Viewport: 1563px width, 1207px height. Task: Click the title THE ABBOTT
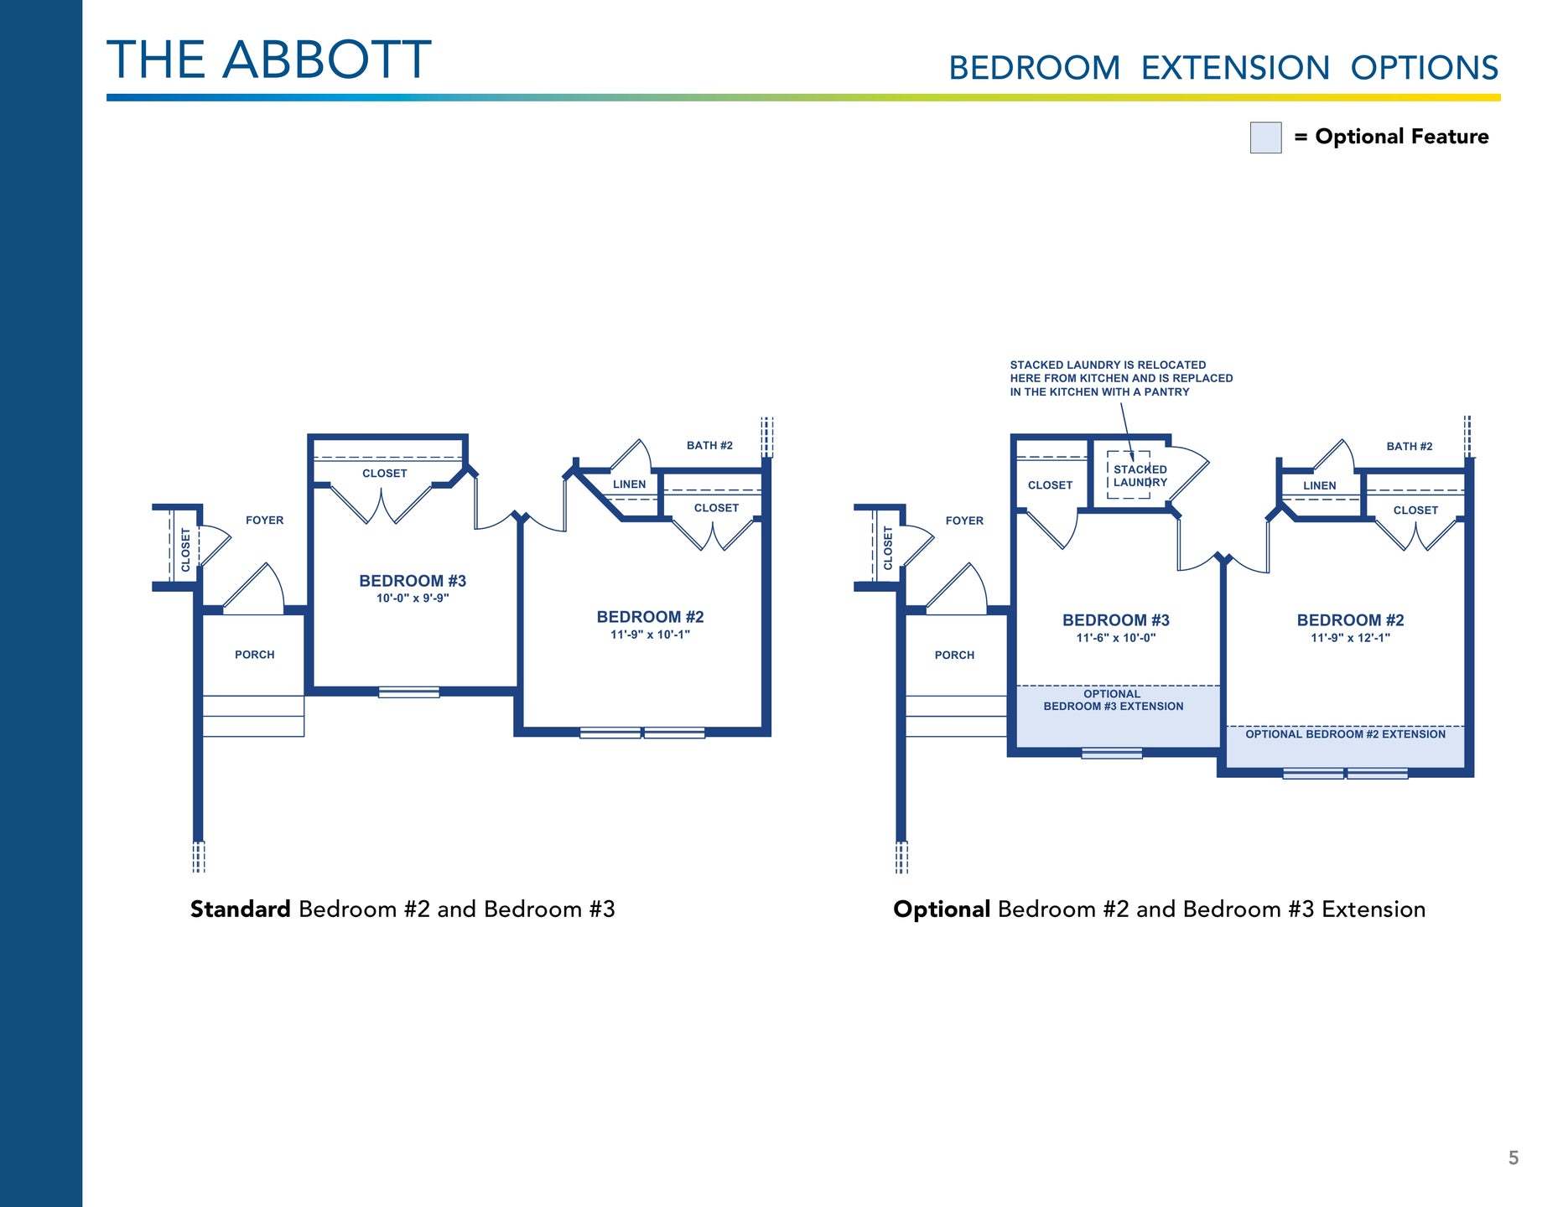tap(269, 60)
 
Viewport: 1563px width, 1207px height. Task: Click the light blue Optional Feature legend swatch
tap(1265, 137)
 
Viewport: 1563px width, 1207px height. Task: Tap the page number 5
tap(1514, 1158)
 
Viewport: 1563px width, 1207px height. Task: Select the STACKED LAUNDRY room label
tap(1140, 476)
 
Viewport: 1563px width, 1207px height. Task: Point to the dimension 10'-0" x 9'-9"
tap(413, 598)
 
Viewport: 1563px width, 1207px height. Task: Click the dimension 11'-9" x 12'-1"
tap(1350, 638)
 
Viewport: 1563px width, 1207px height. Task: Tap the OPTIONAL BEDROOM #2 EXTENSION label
tap(1345, 734)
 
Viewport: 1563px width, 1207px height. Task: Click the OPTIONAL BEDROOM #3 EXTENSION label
tap(1114, 700)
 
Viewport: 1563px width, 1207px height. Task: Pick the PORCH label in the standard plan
tap(255, 655)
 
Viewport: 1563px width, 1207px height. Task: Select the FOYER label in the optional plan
tap(964, 521)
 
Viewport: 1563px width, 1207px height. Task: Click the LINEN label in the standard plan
tap(629, 484)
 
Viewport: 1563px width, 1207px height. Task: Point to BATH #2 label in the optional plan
tap(1410, 447)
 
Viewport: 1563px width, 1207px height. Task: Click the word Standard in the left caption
tap(241, 909)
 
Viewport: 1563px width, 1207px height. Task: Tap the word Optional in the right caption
tap(942, 910)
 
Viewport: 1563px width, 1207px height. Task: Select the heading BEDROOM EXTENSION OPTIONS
tap(1223, 68)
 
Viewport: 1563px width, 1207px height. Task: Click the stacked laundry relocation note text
tap(1121, 379)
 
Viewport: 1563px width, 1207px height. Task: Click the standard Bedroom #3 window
tap(408, 692)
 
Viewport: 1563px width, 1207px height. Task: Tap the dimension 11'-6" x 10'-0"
tap(1116, 638)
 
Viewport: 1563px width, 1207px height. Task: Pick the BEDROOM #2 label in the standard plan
tap(650, 617)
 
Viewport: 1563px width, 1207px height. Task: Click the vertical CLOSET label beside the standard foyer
tap(185, 549)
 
